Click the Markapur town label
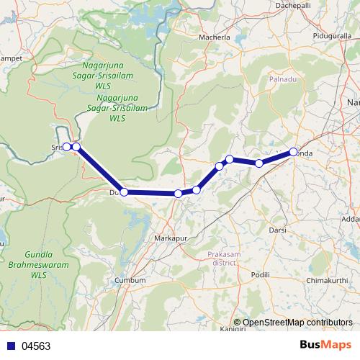(x=171, y=237)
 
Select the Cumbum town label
(x=135, y=280)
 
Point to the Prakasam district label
(x=221, y=258)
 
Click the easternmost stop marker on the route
(x=294, y=152)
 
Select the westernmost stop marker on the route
(x=66, y=147)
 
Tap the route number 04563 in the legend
(x=36, y=346)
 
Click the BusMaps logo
(x=325, y=345)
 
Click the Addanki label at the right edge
(x=351, y=218)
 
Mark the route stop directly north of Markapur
(x=178, y=194)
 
